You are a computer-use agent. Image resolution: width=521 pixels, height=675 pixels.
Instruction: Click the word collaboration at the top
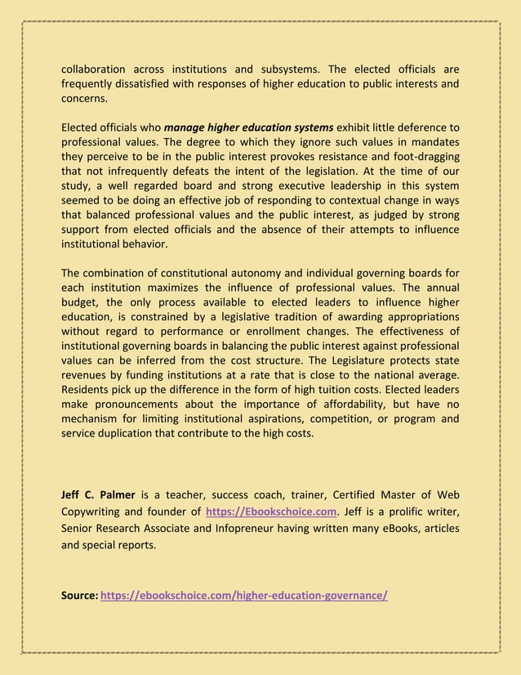(94, 69)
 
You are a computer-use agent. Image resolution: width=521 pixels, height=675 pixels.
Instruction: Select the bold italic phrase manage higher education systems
(248, 127)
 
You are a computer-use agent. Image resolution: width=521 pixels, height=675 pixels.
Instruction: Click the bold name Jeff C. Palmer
(98, 494)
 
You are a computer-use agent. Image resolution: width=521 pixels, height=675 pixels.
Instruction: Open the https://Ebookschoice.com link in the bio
(271, 512)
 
